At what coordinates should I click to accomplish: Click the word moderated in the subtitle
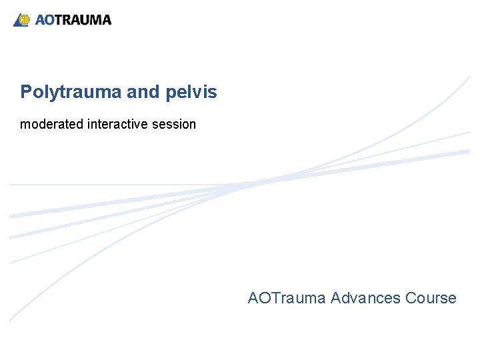pos(52,124)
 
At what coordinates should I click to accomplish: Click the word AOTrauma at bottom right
pos(287,298)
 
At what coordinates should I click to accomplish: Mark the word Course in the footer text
pos(431,298)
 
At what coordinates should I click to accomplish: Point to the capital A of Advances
pos(335,298)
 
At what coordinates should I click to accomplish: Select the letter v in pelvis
pos(200,93)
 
